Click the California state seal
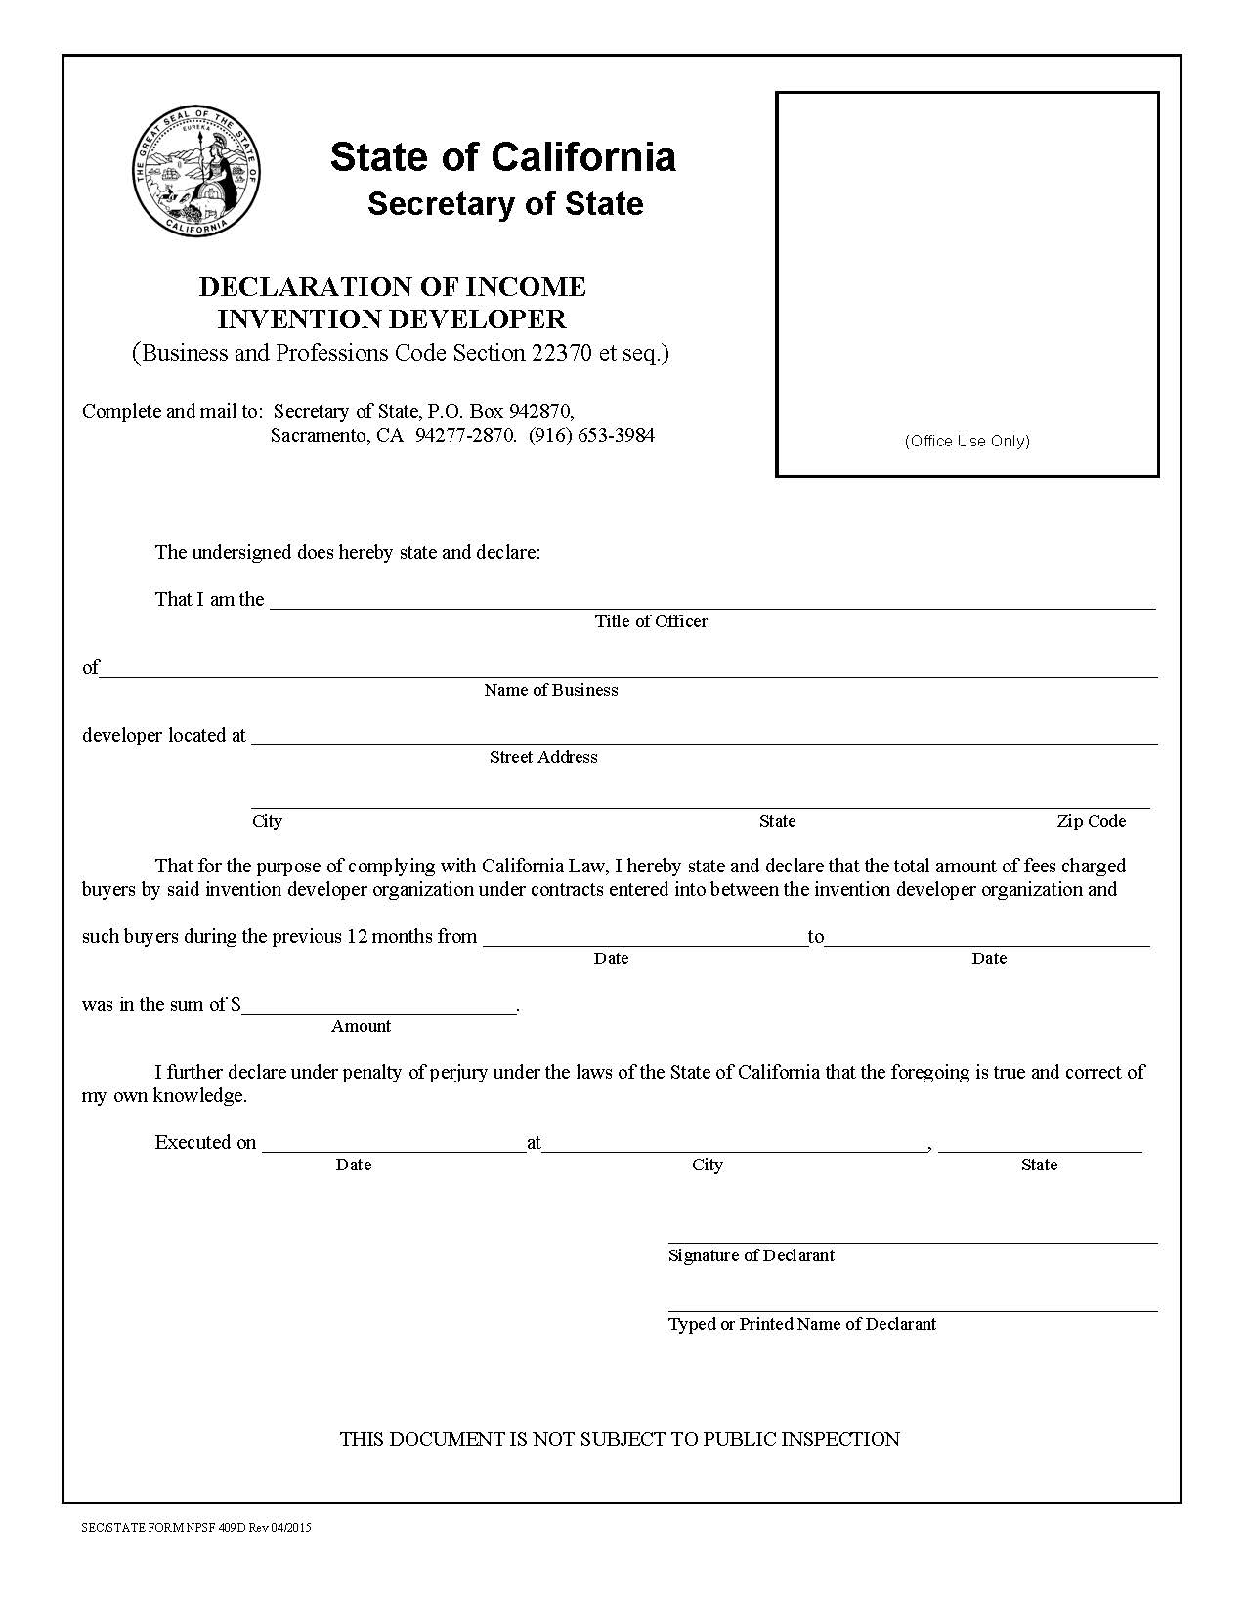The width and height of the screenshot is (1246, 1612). pos(196,172)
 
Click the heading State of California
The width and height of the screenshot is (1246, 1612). pos(502,156)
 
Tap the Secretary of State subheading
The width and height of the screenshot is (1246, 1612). pos(505,203)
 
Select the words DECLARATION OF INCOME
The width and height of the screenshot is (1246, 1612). pos(392,286)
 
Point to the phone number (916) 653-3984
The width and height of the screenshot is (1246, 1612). pos(591,435)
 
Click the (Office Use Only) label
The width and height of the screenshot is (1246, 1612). pos(967,441)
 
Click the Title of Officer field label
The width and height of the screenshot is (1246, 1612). pos(651,621)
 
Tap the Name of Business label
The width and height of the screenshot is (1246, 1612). pos(550,690)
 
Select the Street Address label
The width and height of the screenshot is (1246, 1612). pos(543,757)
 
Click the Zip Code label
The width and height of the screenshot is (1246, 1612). pos(1091,821)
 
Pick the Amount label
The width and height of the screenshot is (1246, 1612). pos(361,1026)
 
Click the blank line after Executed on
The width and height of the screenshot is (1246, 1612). pos(393,1146)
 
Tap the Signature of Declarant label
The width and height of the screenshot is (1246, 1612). pos(751,1255)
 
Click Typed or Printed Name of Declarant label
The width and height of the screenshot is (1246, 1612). pos(801,1324)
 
